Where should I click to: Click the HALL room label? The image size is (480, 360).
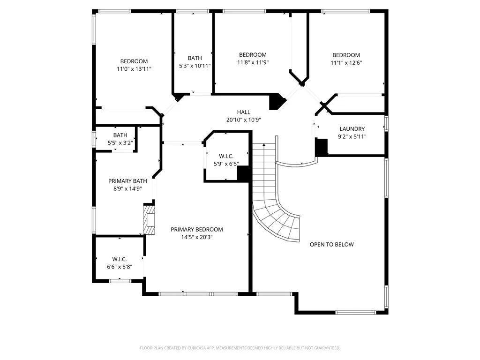point(243,112)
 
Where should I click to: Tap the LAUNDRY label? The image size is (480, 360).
point(352,129)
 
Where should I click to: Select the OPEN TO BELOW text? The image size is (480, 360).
point(331,244)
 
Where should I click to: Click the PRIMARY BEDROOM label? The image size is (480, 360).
point(196,229)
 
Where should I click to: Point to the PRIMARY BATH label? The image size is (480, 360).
point(127,181)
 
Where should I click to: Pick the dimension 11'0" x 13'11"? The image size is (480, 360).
point(134,69)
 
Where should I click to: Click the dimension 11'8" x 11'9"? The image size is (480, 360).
point(253,62)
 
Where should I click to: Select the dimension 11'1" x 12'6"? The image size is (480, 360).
point(346,62)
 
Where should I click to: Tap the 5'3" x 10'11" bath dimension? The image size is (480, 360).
point(195,66)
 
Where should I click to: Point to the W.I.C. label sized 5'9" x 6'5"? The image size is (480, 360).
point(226,156)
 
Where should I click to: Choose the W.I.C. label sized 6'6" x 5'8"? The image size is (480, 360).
point(120,259)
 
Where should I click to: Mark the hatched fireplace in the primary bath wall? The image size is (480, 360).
point(149,219)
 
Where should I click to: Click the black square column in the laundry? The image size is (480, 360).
point(321,147)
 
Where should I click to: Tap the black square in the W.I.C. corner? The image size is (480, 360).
point(243,174)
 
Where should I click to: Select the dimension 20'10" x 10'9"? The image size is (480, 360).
point(243,120)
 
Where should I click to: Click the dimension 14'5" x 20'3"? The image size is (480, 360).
point(196,237)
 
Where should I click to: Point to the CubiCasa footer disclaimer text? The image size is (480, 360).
point(240,348)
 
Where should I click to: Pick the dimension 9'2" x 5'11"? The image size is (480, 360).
point(352,136)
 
